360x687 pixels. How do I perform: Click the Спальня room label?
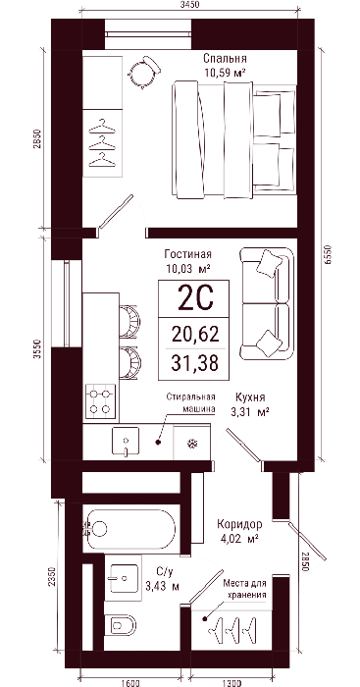(x=225, y=59)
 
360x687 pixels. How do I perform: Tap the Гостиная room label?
(x=188, y=254)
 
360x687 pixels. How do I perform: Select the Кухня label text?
(x=250, y=397)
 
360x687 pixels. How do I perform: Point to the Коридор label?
(x=239, y=524)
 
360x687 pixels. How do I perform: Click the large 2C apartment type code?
(x=196, y=297)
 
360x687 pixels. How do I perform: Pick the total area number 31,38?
(x=195, y=363)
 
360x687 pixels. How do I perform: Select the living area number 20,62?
(x=195, y=336)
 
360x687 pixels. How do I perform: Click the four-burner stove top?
(x=100, y=401)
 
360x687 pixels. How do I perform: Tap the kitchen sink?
(x=126, y=442)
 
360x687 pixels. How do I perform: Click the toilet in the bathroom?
(x=120, y=624)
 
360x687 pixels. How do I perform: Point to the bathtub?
(x=129, y=529)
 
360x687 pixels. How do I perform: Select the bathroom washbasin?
(x=124, y=578)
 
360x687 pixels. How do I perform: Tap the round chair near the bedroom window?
(x=144, y=73)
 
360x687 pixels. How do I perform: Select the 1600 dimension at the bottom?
(x=130, y=683)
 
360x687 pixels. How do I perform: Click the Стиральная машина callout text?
(x=191, y=402)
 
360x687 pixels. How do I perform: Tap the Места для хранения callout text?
(x=245, y=589)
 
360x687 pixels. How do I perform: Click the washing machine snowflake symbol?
(x=192, y=444)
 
